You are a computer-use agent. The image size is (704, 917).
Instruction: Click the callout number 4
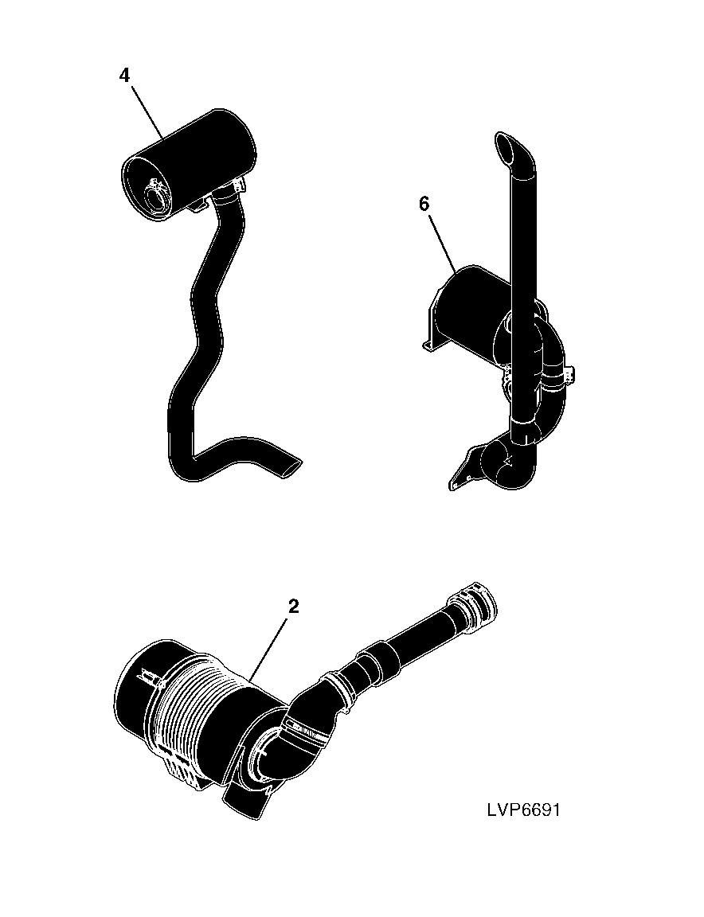tap(124, 76)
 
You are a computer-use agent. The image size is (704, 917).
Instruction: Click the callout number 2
tap(294, 607)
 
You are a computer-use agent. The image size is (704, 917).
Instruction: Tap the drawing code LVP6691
tap(522, 810)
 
